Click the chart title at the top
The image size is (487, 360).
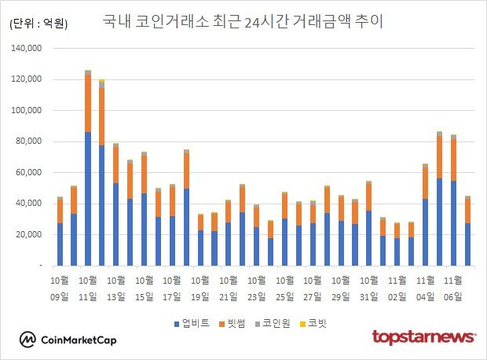243,21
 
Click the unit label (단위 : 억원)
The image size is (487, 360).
38,24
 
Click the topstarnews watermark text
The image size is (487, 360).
423,337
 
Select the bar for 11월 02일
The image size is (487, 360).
397,244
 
